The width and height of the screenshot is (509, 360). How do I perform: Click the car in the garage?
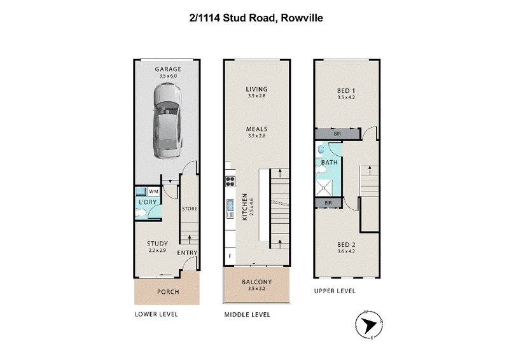click(x=167, y=120)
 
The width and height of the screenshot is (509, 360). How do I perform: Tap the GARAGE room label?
click(x=168, y=69)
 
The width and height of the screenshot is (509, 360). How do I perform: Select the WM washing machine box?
click(x=153, y=191)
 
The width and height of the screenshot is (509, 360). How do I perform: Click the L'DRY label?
click(x=148, y=202)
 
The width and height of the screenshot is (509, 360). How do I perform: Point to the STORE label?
click(x=190, y=209)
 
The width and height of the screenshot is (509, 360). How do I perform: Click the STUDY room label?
click(x=157, y=244)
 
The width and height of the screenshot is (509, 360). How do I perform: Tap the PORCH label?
click(x=168, y=292)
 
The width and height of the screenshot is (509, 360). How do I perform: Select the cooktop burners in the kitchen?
click(x=230, y=181)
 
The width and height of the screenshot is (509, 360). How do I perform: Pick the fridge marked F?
click(x=230, y=256)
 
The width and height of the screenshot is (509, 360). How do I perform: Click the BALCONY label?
click(x=257, y=282)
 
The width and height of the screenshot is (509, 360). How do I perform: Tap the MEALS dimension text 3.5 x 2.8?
click(x=257, y=135)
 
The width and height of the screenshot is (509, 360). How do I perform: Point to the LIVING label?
click(x=257, y=89)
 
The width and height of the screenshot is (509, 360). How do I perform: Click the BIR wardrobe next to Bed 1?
click(x=338, y=134)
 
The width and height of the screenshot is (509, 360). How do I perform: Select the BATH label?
click(x=330, y=162)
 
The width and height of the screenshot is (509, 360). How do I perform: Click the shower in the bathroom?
click(x=324, y=188)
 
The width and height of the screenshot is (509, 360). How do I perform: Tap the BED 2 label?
click(x=346, y=245)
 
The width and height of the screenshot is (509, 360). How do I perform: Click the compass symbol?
click(x=369, y=325)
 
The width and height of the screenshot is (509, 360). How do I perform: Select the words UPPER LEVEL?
click(x=335, y=291)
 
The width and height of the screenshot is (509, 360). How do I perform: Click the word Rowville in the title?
click(x=302, y=18)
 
